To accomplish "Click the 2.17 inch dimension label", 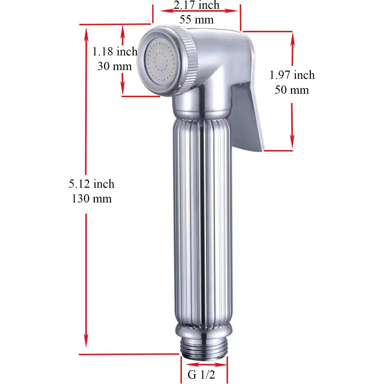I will pos(196,5).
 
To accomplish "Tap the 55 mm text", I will pos(196,20).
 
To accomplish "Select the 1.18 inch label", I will pos(115,52).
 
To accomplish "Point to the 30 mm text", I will pos(115,66).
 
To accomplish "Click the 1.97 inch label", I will pos(292,75).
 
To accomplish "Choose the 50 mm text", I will pos(292,90).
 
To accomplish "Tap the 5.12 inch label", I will pos(91,184).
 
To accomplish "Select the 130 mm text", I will pos(91,199).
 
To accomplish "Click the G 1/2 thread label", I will pos(201,374).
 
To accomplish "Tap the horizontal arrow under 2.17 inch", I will pos(199,11).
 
